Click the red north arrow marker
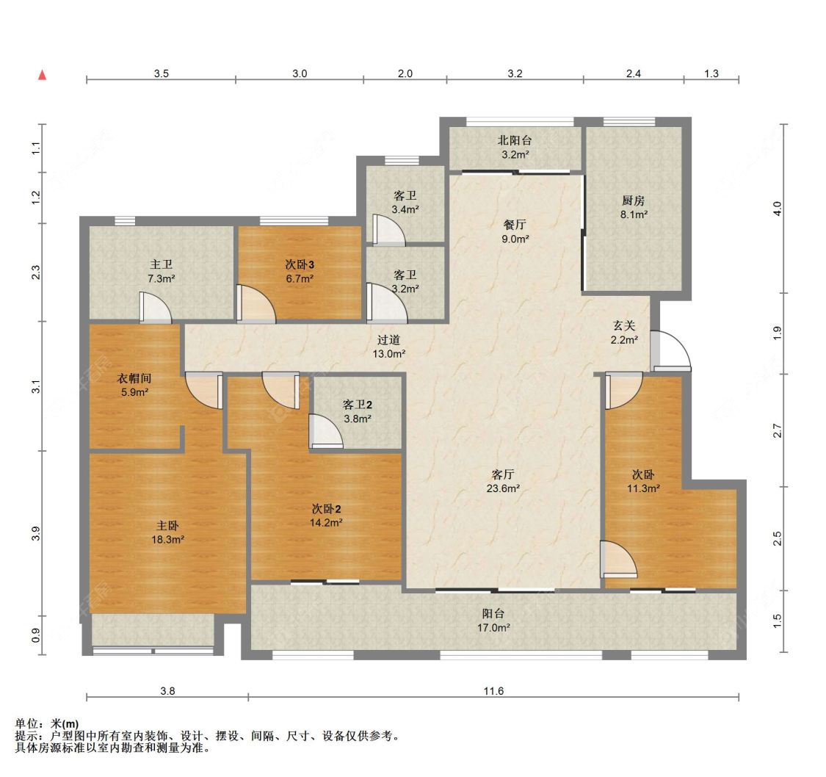(x=42, y=75)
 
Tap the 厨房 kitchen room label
(x=633, y=200)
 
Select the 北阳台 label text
(x=515, y=141)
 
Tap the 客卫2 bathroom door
(x=325, y=431)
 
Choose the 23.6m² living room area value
(x=503, y=488)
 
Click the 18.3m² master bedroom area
(x=167, y=540)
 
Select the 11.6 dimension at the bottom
(x=493, y=690)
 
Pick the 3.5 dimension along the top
(x=162, y=73)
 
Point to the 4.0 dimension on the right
(x=777, y=209)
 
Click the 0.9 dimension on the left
(x=36, y=635)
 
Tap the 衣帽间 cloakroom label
(x=134, y=378)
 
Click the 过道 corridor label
(x=388, y=340)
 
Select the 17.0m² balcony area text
(x=493, y=627)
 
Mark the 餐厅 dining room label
(x=515, y=225)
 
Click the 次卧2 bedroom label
(x=326, y=509)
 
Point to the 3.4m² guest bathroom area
(x=405, y=209)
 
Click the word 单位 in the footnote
(x=26, y=724)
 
